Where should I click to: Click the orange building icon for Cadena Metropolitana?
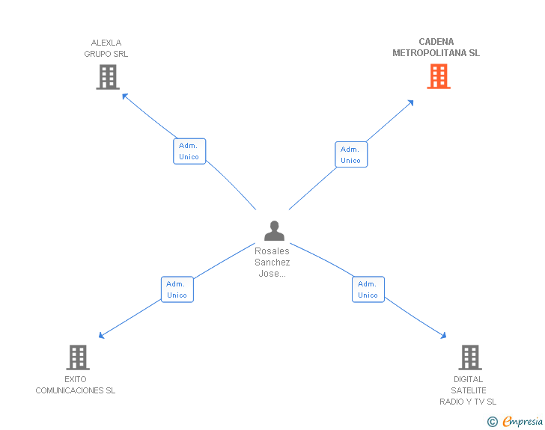click(439, 76)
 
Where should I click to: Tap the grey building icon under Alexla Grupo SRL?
click(108, 76)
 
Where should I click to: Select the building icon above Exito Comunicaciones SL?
click(78, 357)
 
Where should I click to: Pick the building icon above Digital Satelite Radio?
click(469, 357)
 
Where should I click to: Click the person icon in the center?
click(274, 230)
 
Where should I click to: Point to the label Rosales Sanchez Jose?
click(272, 262)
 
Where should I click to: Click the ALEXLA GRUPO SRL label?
click(106, 48)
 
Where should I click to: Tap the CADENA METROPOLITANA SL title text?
click(436, 47)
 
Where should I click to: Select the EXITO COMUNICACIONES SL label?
click(76, 384)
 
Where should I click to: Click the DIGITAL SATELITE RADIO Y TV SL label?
click(468, 390)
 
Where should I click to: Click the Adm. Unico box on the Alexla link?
click(189, 151)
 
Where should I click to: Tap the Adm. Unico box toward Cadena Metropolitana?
click(351, 155)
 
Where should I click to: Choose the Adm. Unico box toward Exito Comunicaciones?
click(177, 289)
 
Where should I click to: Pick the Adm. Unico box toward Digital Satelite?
click(368, 289)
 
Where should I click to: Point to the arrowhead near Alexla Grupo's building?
click(125, 96)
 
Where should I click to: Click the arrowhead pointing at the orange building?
click(410, 102)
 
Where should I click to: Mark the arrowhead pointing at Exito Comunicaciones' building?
click(102, 336)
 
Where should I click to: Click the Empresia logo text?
click(523, 422)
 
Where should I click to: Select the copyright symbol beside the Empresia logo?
click(493, 422)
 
